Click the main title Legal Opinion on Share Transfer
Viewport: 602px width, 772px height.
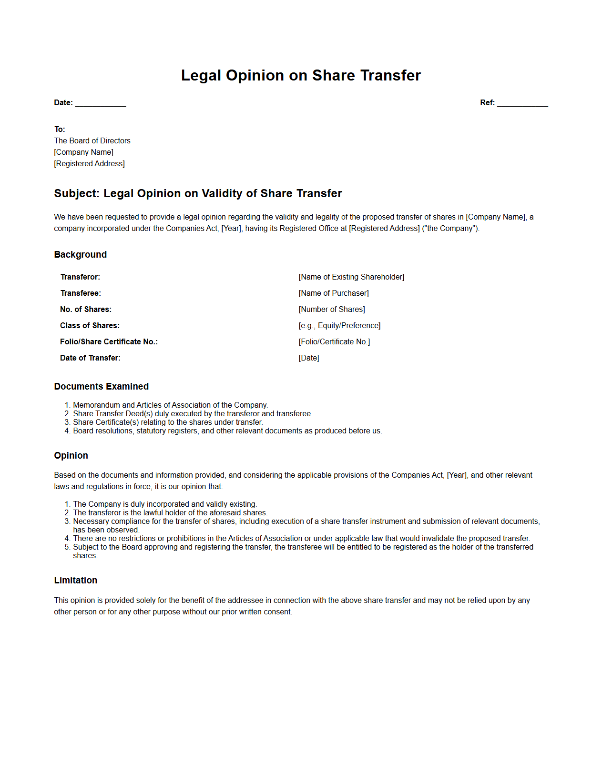tap(301, 75)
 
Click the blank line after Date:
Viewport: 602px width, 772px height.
tap(101, 103)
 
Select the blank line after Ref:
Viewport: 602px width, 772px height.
tap(522, 103)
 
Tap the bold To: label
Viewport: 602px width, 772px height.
tap(60, 130)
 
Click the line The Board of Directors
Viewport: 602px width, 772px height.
tap(92, 141)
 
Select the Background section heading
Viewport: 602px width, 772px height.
tap(80, 255)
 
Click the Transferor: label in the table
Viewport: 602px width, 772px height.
tap(80, 277)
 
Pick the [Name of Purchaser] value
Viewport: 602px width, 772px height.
tap(334, 293)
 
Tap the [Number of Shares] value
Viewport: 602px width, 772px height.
tap(332, 310)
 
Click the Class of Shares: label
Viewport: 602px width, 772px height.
tap(90, 326)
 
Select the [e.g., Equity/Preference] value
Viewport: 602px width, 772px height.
tap(339, 326)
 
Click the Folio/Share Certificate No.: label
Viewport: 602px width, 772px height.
tap(109, 342)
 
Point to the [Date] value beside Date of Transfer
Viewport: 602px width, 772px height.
tap(309, 358)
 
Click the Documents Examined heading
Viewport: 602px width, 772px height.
tap(101, 387)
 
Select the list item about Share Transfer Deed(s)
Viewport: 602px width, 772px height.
tap(193, 414)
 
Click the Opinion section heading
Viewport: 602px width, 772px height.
tap(71, 456)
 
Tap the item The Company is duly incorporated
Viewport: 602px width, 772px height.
tap(165, 504)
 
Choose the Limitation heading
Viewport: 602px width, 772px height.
tap(75, 581)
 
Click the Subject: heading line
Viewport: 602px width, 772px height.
tap(198, 194)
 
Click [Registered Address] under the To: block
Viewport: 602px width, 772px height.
tap(89, 164)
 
